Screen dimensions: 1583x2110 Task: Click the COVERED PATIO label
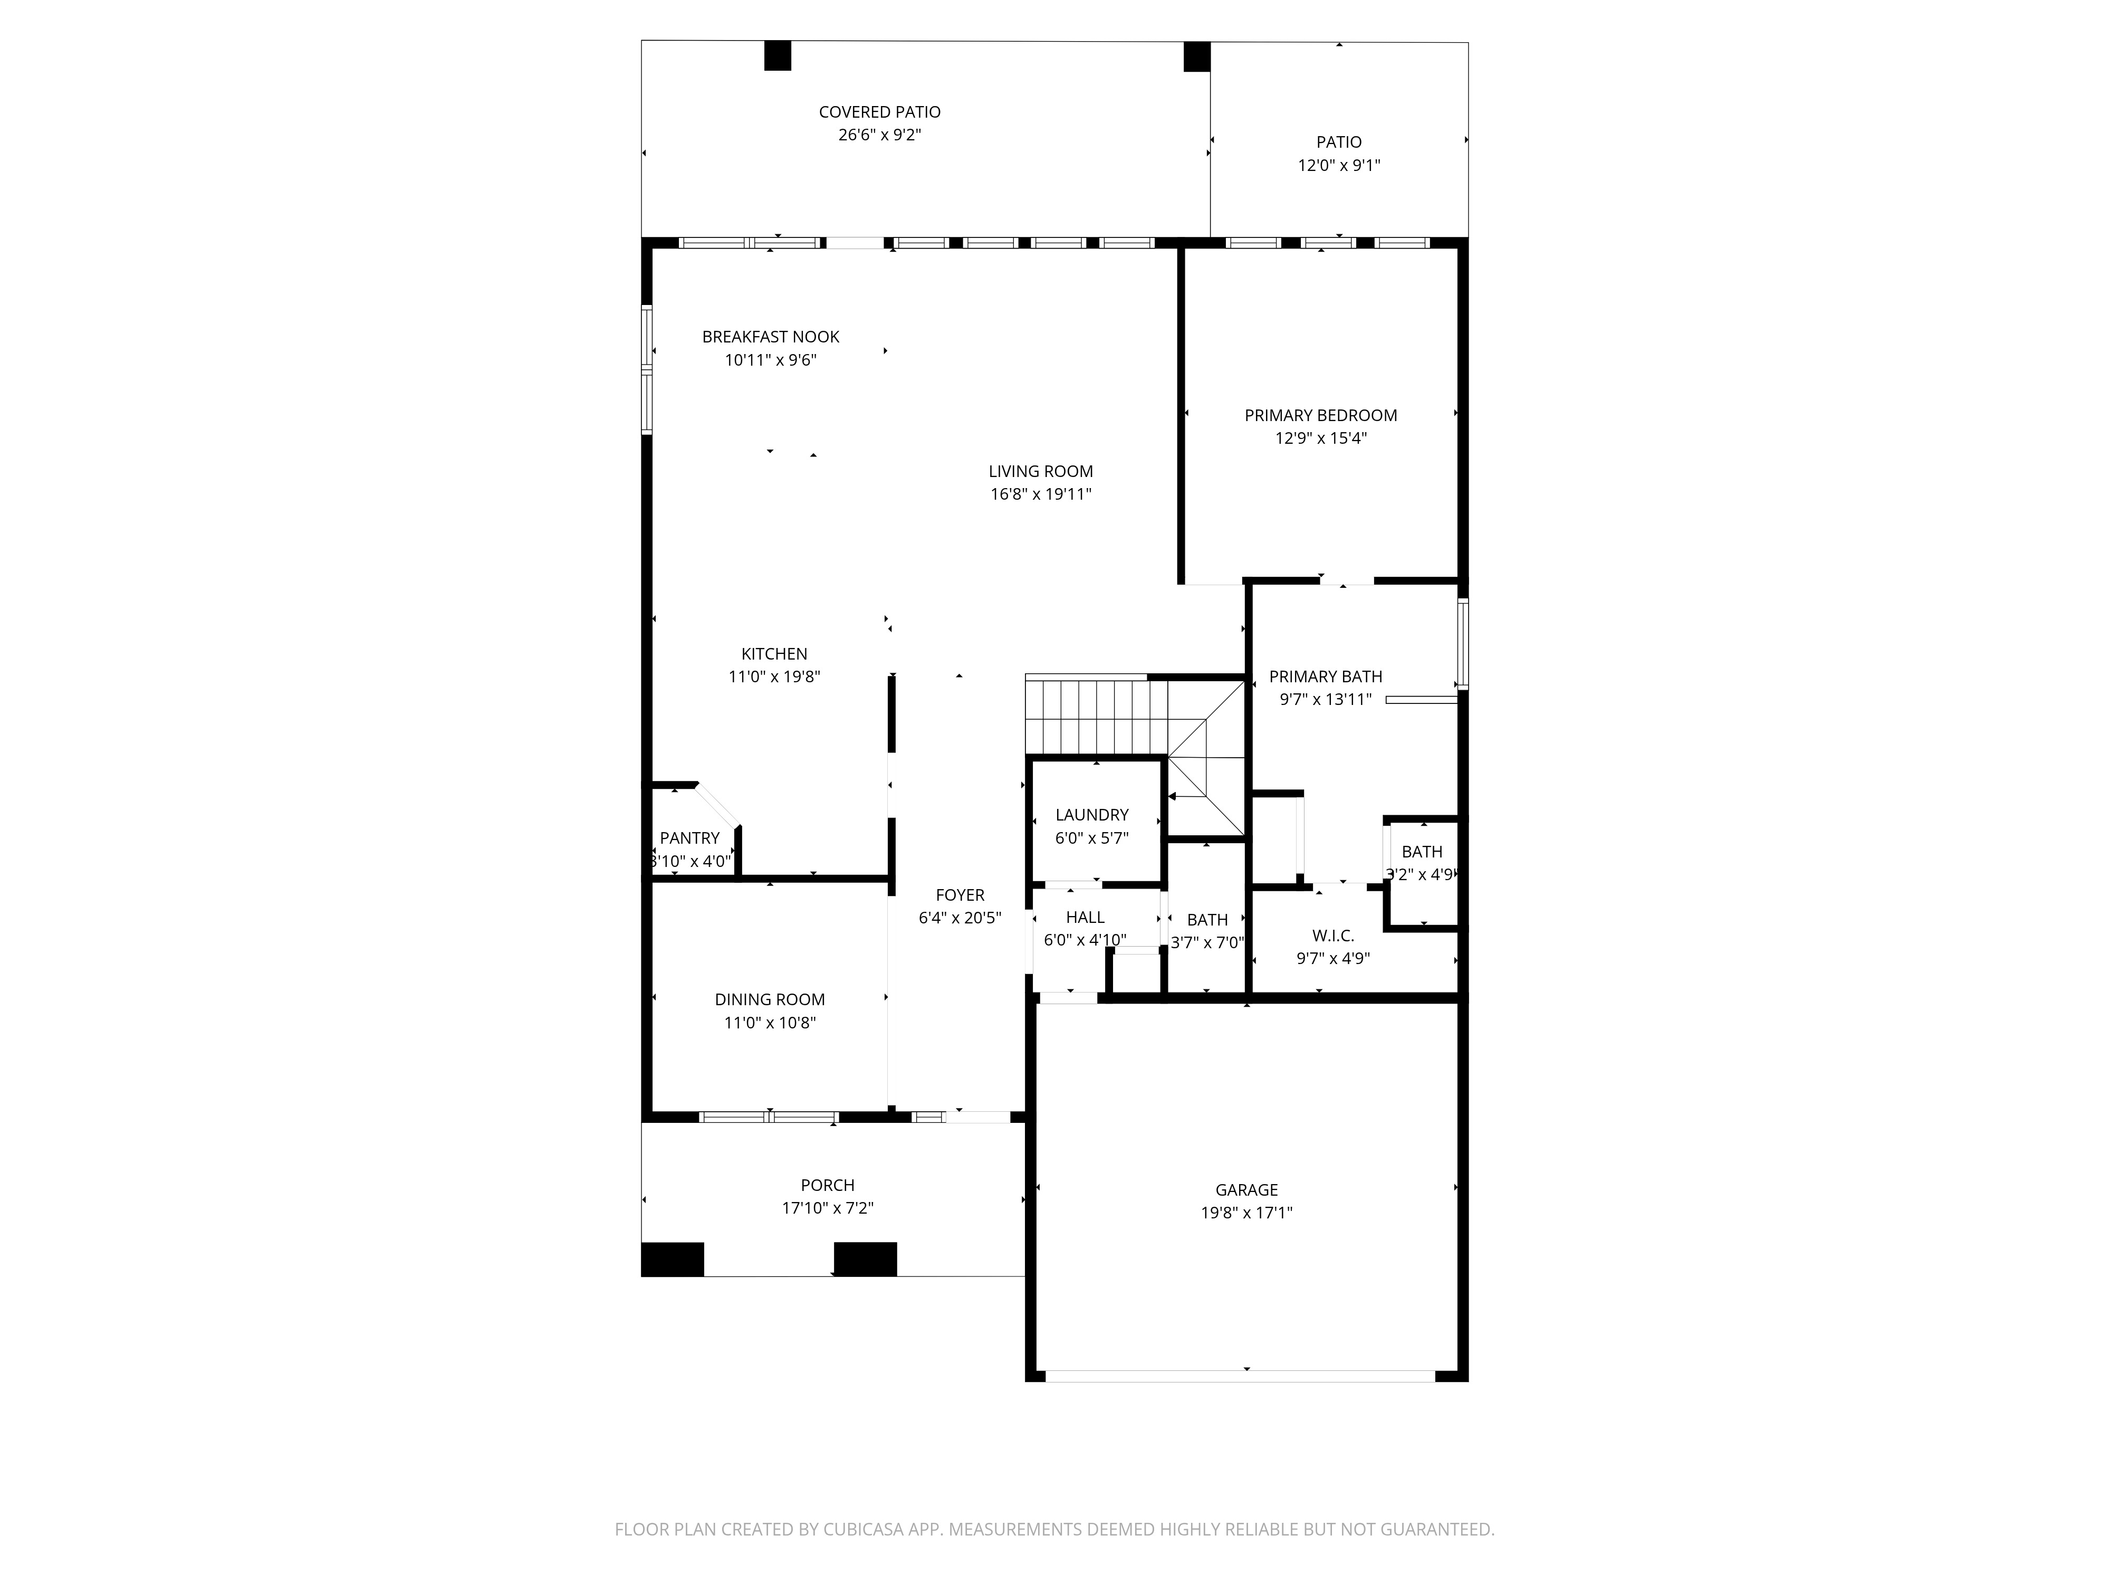(x=879, y=112)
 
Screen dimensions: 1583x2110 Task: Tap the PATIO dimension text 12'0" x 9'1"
(x=1338, y=165)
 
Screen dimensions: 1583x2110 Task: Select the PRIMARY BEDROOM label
(x=1320, y=415)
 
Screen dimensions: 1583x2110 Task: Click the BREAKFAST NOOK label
(x=771, y=337)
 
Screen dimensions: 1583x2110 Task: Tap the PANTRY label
(x=689, y=838)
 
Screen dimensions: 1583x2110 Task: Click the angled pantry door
(x=717, y=804)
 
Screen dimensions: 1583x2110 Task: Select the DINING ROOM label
(x=770, y=999)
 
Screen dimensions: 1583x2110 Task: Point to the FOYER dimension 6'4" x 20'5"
(x=960, y=918)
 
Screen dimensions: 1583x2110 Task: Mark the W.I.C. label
(x=1332, y=936)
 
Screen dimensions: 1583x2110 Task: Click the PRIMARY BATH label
(x=1325, y=676)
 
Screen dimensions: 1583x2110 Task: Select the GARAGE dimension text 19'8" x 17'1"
(x=1246, y=1213)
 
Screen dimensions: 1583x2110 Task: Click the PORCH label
(x=827, y=1185)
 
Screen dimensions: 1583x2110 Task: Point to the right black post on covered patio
(x=1196, y=56)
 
